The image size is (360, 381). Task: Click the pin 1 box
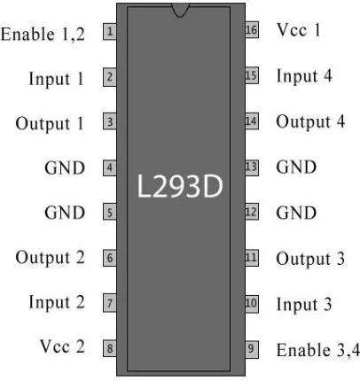pyautogui.click(x=110, y=32)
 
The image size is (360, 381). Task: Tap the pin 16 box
pyautogui.click(x=252, y=30)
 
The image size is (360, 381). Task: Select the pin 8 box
pyautogui.click(x=110, y=348)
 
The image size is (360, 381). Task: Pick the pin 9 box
pyautogui.click(x=252, y=349)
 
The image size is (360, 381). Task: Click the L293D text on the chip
pyautogui.click(x=179, y=187)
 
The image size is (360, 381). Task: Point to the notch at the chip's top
pyautogui.click(x=180, y=10)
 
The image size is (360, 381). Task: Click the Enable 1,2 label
pyautogui.click(x=43, y=34)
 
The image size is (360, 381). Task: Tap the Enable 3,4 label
pyautogui.click(x=318, y=350)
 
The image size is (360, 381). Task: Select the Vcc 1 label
pyautogui.click(x=298, y=30)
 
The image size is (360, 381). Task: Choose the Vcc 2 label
pyautogui.click(x=62, y=346)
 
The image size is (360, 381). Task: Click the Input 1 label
pyautogui.click(x=56, y=79)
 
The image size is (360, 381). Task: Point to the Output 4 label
pyautogui.click(x=310, y=121)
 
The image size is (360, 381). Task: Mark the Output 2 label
pyautogui.click(x=50, y=258)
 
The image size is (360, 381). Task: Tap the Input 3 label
pyautogui.click(x=304, y=305)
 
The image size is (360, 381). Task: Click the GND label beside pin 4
pyautogui.click(x=65, y=168)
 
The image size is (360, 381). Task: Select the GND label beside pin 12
pyautogui.click(x=296, y=213)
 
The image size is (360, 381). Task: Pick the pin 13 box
pyautogui.click(x=252, y=167)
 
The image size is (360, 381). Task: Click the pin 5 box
pyautogui.click(x=110, y=212)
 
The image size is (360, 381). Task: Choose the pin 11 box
pyautogui.click(x=252, y=258)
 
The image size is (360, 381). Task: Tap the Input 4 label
pyautogui.click(x=304, y=76)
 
